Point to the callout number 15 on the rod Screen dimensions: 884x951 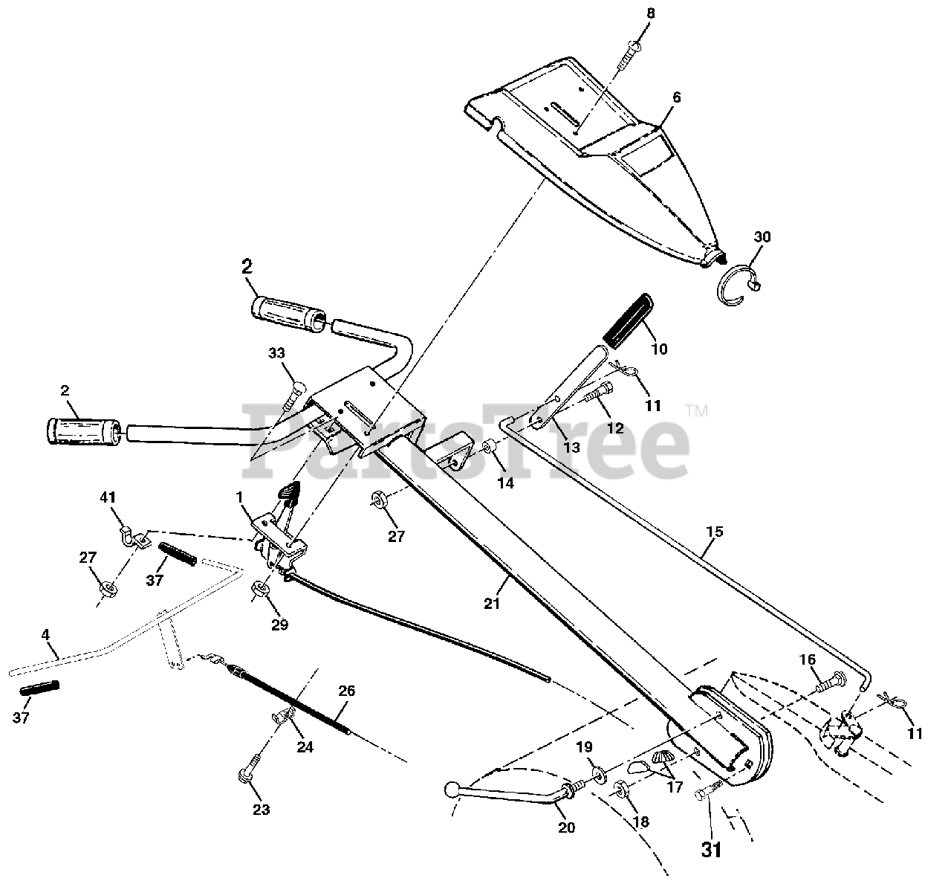(x=715, y=532)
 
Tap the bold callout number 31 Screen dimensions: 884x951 (x=711, y=849)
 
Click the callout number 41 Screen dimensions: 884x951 (x=108, y=497)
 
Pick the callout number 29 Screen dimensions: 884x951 (x=280, y=625)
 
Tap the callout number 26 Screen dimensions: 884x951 (x=346, y=691)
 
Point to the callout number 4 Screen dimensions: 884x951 (x=45, y=635)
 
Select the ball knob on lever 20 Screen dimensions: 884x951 (x=453, y=788)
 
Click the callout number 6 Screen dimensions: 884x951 (x=676, y=97)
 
